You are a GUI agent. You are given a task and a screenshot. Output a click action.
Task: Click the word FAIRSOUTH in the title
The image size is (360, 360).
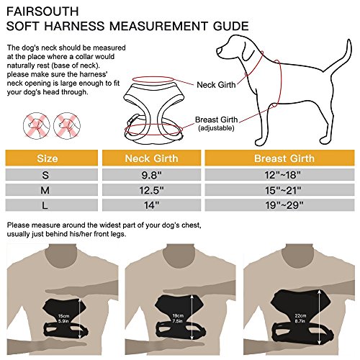pyautogui.click(x=42, y=12)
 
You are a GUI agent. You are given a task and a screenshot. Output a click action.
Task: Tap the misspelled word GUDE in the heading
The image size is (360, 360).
pyautogui.click(x=231, y=26)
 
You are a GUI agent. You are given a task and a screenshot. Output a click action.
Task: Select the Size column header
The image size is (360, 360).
pyautogui.click(x=48, y=158)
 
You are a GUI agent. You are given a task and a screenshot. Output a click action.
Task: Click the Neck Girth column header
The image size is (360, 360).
pyautogui.click(x=151, y=158)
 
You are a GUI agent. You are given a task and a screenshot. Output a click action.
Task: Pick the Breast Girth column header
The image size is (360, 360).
pyautogui.click(x=284, y=158)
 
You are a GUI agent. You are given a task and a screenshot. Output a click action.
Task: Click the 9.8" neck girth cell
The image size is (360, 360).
pyautogui.click(x=151, y=175)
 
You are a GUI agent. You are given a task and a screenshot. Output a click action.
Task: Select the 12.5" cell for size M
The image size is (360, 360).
pyautogui.click(x=151, y=190)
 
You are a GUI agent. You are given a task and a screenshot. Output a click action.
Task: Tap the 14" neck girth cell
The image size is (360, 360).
pyautogui.click(x=151, y=205)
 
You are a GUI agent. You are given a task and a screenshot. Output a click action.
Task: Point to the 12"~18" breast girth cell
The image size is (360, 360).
pyautogui.click(x=282, y=175)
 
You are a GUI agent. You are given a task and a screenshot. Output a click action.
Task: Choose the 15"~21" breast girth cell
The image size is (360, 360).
pyautogui.click(x=283, y=190)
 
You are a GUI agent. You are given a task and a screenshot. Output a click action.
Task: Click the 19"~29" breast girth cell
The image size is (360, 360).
pyautogui.click(x=284, y=205)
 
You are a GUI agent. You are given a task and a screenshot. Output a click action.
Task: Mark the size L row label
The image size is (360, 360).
pyautogui.click(x=45, y=205)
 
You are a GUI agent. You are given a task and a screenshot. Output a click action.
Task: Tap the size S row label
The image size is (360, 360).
pyautogui.click(x=45, y=175)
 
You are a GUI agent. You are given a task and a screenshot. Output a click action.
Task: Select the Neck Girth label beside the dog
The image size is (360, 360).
pyautogui.click(x=216, y=85)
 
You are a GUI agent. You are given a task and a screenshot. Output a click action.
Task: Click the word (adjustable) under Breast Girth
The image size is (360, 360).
pyautogui.click(x=216, y=128)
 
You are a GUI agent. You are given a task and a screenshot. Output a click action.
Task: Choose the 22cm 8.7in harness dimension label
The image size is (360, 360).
pyautogui.click(x=300, y=318)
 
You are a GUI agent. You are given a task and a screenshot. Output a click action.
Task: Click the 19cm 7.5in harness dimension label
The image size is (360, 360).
pyautogui.click(x=178, y=318)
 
